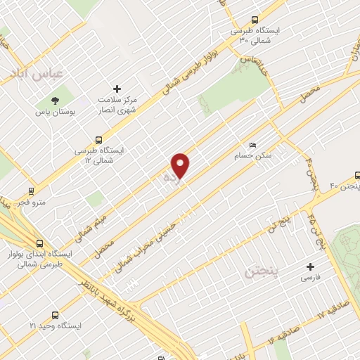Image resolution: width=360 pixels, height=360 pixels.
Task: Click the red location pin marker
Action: [181, 165]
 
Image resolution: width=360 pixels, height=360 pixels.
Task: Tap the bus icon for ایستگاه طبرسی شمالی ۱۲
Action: [99, 139]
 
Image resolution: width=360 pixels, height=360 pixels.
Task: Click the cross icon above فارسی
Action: [310, 266]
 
